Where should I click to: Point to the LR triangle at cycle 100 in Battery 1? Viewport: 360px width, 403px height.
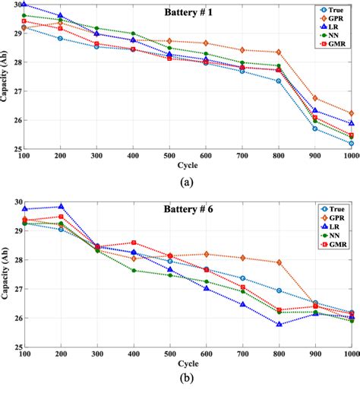[x=24, y=4]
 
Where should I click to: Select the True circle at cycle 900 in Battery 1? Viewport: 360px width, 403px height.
[x=315, y=129]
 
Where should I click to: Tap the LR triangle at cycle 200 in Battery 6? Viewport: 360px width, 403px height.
[x=61, y=207]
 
